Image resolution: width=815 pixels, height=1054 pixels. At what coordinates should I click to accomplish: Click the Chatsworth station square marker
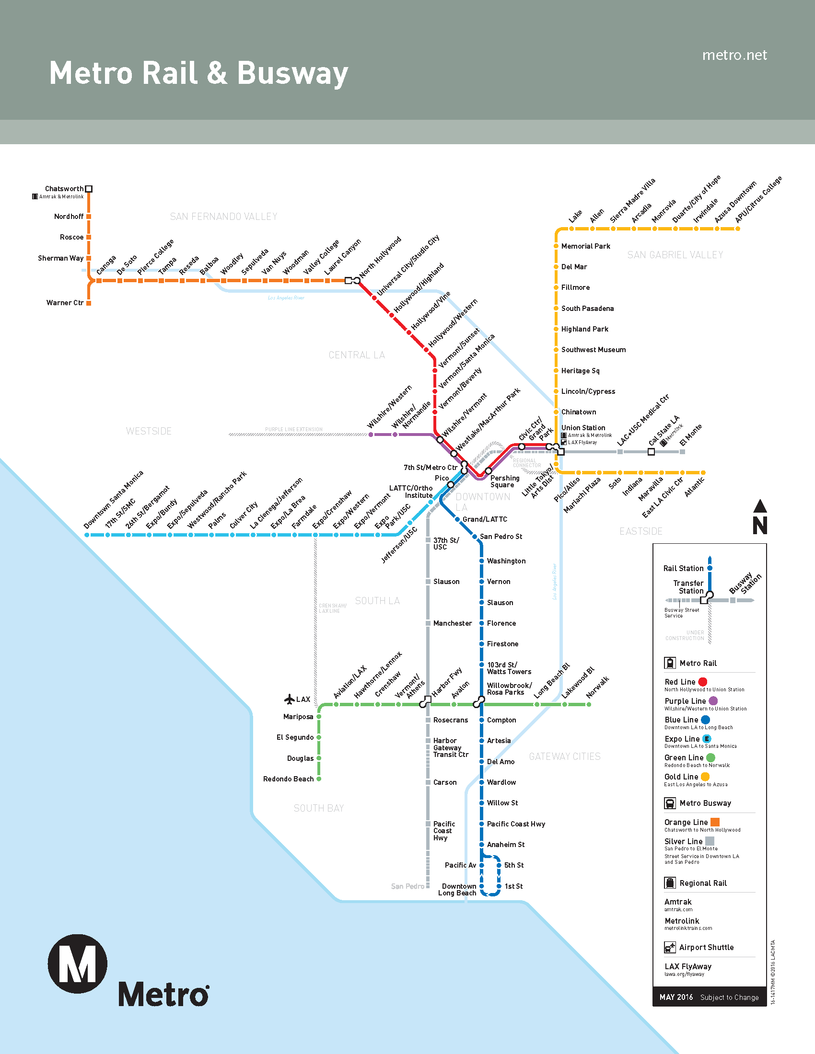(89, 189)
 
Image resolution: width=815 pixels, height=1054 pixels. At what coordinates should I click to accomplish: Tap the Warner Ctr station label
(65, 303)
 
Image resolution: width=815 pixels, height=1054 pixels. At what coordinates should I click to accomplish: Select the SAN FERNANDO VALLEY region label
(223, 217)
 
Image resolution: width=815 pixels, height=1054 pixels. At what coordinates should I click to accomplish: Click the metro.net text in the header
(734, 56)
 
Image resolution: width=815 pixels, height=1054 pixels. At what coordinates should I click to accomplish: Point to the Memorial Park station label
(586, 246)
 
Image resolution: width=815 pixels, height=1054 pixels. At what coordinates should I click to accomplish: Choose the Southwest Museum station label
(594, 349)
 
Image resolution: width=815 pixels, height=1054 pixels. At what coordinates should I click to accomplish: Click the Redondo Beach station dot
(319, 779)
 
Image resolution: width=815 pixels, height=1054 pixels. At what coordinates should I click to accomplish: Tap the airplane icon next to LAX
(290, 699)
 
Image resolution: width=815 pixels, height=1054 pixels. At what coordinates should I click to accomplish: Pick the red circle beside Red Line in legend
(702, 681)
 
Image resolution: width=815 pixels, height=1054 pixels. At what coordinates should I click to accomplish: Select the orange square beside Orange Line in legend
(715, 821)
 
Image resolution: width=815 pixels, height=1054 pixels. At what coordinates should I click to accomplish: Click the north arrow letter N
(760, 525)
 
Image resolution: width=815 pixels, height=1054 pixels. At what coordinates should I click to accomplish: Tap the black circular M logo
(77, 963)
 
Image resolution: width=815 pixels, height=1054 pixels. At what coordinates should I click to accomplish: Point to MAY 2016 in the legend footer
(676, 997)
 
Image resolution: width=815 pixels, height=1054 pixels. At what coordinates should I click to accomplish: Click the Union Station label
(583, 427)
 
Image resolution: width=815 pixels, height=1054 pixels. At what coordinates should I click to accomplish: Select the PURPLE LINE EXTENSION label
(293, 429)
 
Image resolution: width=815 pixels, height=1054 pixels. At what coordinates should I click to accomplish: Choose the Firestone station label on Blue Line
(502, 644)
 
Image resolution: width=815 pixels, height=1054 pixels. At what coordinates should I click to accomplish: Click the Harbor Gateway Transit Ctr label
(451, 747)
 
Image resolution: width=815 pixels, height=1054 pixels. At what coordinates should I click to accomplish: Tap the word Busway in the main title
(292, 74)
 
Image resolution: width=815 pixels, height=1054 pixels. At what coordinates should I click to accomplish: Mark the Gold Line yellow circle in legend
(705, 777)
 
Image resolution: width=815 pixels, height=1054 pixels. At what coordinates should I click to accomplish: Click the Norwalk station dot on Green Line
(589, 705)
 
